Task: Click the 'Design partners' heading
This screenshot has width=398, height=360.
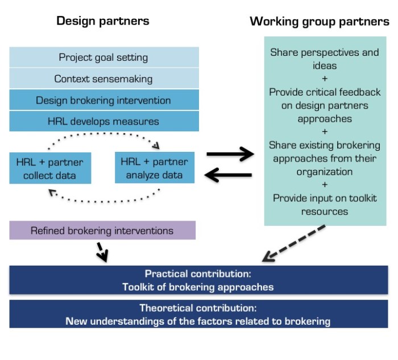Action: [102, 21]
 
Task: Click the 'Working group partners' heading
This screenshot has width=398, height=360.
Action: [320, 22]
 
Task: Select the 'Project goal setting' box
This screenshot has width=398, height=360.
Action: [103, 57]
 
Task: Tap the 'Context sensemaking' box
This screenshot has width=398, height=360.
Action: [103, 79]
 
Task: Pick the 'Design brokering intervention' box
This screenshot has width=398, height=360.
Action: [103, 100]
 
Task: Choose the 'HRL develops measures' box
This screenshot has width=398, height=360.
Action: [103, 121]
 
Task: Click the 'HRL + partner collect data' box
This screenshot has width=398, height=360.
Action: [50, 169]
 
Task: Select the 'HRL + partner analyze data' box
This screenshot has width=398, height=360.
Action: [154, 168]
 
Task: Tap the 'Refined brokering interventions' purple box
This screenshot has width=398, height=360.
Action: [102, 230]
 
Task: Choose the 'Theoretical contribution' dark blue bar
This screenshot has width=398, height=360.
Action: [198, 314]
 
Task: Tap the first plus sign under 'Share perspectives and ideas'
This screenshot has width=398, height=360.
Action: [324, 78]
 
